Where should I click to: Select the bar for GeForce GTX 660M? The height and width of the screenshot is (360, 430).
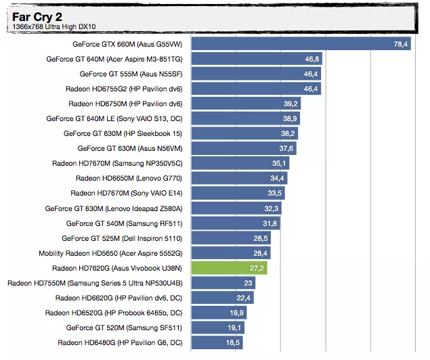pos(301,44)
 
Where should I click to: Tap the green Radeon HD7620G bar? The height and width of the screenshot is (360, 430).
pos(230,268)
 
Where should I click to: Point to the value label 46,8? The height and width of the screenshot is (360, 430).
pos(312,59)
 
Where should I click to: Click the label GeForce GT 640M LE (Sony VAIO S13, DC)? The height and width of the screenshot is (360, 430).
pos(114,118)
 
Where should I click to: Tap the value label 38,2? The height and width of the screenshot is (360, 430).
pos(288,133)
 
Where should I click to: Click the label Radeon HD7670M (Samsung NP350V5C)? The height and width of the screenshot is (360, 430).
pos(117,163)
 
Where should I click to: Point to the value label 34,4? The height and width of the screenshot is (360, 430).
pos(278,178)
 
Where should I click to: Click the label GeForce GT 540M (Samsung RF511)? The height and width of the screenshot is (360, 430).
pos(125,223)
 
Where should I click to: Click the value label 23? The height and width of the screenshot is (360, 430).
pos(249,283)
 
